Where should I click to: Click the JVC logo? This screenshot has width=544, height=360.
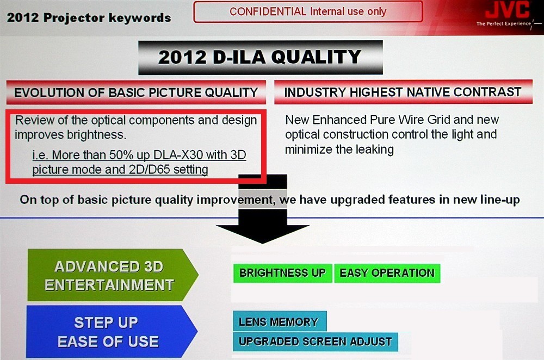point(507,10)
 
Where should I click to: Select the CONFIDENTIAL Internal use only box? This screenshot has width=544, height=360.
point(308,12)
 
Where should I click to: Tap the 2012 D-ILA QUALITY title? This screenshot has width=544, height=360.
point(260,57)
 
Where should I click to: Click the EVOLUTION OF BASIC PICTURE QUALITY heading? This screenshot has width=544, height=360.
point(136,92)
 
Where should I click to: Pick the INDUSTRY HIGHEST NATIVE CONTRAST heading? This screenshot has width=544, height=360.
point(403,92)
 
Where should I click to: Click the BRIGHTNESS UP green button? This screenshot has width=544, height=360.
point(282,273)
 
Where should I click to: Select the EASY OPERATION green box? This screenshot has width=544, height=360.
point(387,273)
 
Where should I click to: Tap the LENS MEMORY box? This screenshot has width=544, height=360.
point(279,321)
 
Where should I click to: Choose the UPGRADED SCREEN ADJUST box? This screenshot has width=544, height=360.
point(316,342)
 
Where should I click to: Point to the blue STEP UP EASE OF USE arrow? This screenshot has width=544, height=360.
point(112,332)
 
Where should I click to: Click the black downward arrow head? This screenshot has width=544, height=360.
point(263,234)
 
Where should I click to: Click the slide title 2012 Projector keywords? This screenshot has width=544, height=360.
point(89,17)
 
